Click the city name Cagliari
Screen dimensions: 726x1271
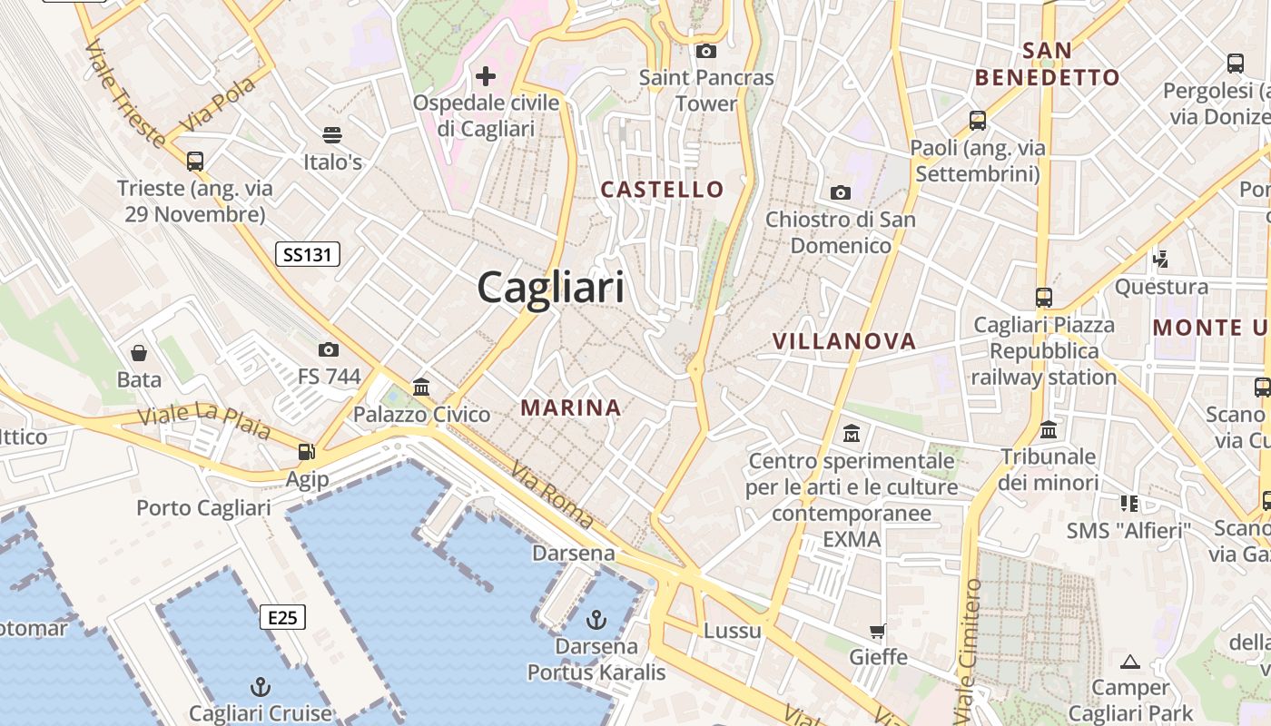click(x=550, y=288)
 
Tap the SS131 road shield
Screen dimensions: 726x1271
click(x=308, y=255)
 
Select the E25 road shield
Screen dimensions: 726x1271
click(x=282, y=618)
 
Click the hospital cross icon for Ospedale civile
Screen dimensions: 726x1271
click(x=487, y=75)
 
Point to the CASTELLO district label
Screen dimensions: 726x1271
click(x=663, y=190)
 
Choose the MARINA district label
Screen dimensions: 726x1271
click(x=571, y=408)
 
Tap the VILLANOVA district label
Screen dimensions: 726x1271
click(x=843, y=341)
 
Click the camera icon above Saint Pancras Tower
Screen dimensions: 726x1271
click(x=706, y=52)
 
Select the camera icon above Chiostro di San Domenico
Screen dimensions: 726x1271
click(x=841, y=192)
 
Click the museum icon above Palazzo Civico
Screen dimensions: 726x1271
click(x=421, y=388)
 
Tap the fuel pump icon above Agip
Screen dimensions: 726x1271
click(x=307, y=452)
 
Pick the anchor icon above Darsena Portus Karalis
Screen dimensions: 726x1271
click(x=596, y=620)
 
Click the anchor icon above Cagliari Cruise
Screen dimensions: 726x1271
click(x=261, y=686)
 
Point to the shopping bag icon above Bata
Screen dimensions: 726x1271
click(x=139, y=352)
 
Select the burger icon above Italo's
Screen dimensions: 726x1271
click(x=332, y=135)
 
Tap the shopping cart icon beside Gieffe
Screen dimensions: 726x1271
click(x=877, y=631)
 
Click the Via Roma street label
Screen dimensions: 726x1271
click(x=552, y=495)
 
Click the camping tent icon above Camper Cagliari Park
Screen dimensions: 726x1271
click(x=1130, y=662)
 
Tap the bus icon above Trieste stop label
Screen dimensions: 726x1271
click(x=195, y=162)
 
